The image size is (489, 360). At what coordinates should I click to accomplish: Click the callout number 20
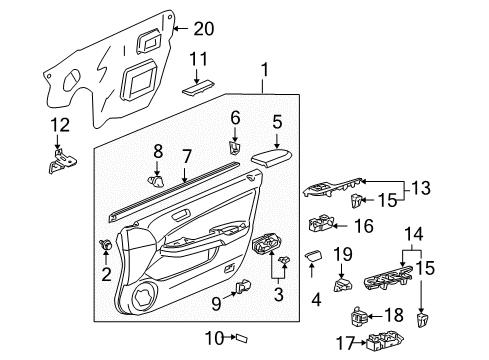[204, 29]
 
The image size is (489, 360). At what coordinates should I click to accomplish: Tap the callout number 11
[198, 59]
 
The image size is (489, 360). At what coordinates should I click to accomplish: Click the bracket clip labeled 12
[62, 161]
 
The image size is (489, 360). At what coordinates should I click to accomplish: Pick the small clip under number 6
[235, 148]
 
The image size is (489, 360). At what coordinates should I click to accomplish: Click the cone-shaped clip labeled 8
[156, 181]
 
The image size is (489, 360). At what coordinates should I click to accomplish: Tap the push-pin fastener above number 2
[106, 245]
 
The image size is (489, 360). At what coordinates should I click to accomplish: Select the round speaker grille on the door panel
[145, 295]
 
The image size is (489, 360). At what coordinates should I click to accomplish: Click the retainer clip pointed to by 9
[243, 287]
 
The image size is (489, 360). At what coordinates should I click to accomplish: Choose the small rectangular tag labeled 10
[242, 338]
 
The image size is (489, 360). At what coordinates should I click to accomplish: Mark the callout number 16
[364, 226]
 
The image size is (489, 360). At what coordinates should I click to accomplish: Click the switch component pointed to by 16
[321, 223]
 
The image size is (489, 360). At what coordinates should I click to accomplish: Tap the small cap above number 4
[314, 256]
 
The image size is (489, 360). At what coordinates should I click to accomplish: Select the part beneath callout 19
[343, 285]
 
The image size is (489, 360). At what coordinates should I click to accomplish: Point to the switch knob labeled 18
[360, 317]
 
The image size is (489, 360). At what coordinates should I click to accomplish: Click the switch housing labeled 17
[385, 341]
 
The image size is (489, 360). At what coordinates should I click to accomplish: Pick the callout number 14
[414, 234]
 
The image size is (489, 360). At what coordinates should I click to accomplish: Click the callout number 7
[187, 157]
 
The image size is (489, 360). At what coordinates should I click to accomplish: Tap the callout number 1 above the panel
[264, 70]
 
